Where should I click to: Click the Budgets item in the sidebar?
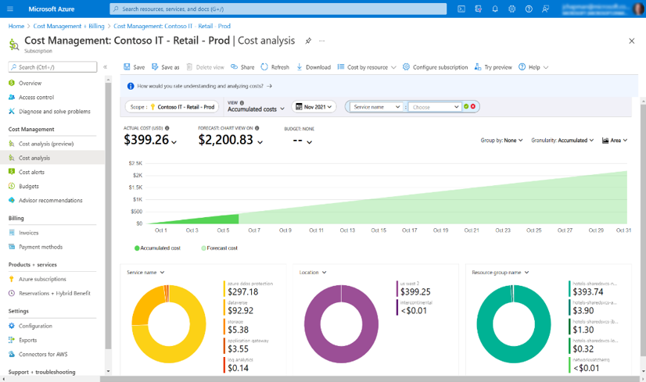point(29,186)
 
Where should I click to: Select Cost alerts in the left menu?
point(31,172)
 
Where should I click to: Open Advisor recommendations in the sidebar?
point(50,200)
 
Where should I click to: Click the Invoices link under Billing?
point(28,233)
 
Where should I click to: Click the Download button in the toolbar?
point(314,67)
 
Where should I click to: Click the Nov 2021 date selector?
point(314,107)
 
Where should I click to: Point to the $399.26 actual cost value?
point(146,140)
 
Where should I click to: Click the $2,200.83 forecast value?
point(225,140)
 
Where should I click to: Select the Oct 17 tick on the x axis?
point(410,230)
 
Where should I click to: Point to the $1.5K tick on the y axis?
point(135,187)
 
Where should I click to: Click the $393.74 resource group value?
point(588,292)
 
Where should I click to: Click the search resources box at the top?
point(278,9)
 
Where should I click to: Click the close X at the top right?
point(632,41)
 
